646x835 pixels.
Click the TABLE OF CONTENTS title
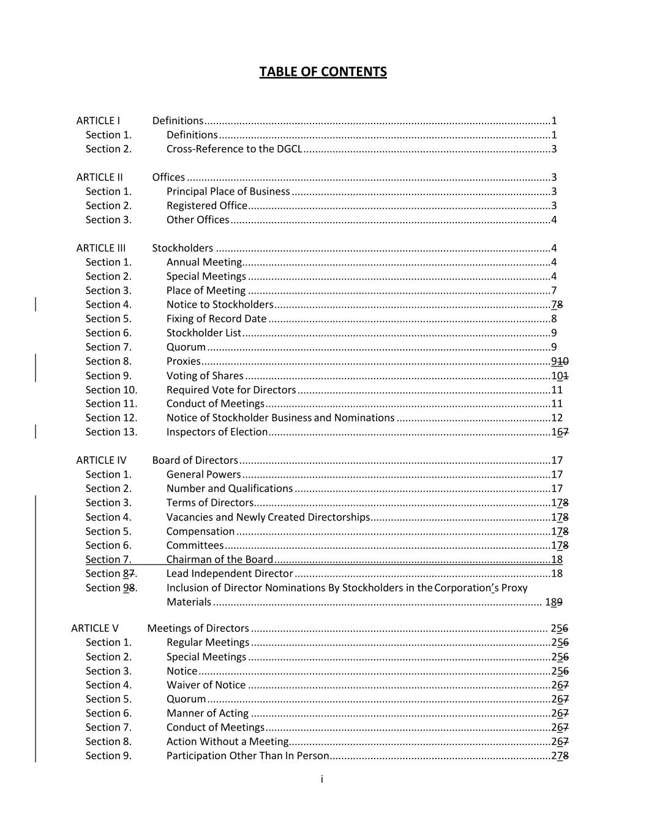323,72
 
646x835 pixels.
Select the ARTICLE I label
98,121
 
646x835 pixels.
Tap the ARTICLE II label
99,177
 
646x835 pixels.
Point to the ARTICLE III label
100,248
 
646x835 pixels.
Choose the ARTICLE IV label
101,460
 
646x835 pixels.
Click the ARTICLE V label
95,628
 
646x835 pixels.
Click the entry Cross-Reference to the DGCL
234,149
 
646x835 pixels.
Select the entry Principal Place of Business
228,191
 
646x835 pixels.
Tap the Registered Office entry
207,206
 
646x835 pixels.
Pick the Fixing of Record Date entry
216,319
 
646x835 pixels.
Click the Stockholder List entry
204,333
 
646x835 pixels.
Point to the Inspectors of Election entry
217,432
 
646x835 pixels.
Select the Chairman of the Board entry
220,560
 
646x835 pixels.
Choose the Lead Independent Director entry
230,574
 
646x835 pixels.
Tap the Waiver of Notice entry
206,685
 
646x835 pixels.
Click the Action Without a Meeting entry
227,742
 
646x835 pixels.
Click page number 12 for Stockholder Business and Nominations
557,418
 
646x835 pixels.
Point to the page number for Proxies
560,362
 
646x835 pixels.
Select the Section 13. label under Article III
111,432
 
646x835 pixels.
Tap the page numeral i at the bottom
322,779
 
